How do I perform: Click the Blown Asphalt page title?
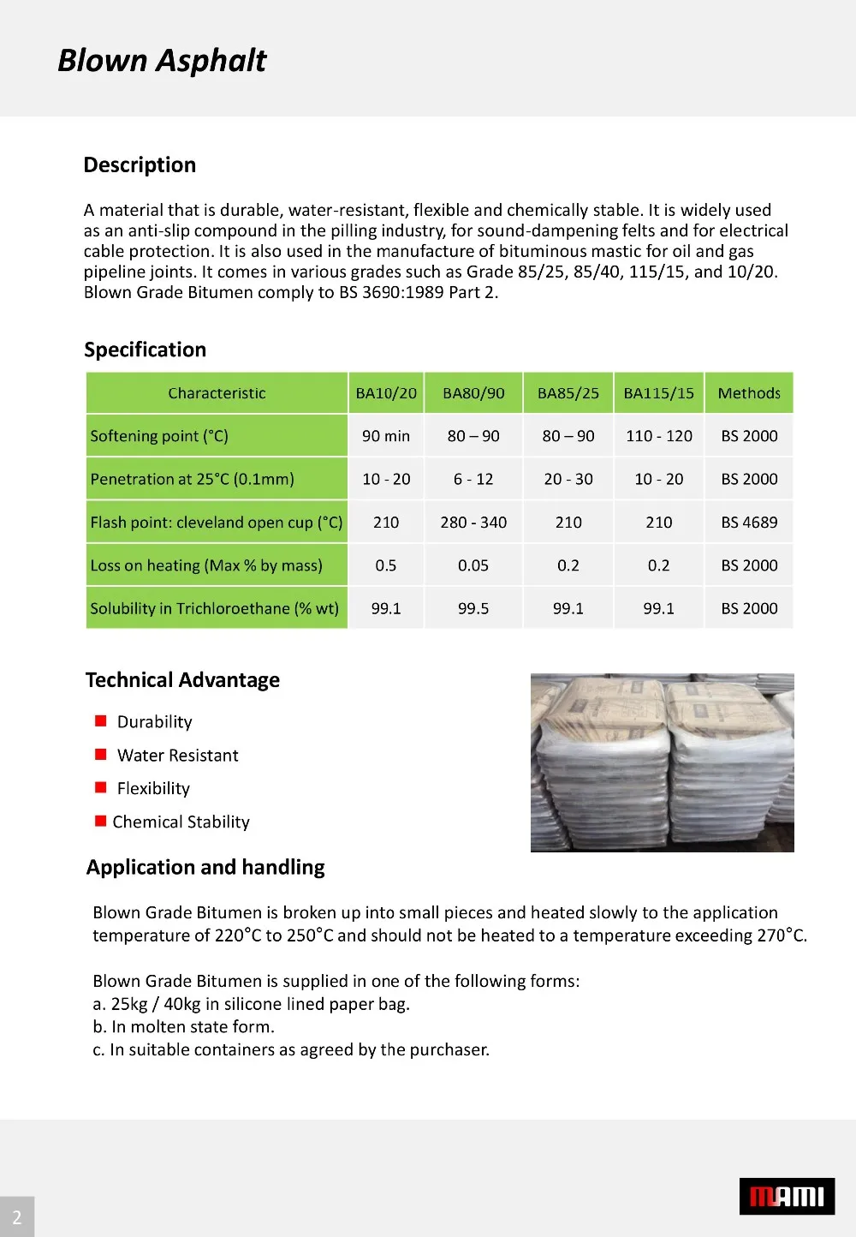click(x=162, y=61)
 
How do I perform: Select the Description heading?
click(x=140, y=165)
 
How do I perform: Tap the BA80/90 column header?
click(x=473, y=393)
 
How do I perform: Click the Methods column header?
click(x=749, y=393)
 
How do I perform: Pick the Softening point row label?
click(x=159, y=436)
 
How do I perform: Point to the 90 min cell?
click(x=386, y=436)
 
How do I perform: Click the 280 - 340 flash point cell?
click(x=473, y=523)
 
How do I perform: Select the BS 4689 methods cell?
click(x=749, y=523)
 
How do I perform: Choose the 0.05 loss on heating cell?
click(x=473, y=565)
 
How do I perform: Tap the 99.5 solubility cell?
click(x=473, y=608)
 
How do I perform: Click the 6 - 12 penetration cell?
click(x=473, y=479)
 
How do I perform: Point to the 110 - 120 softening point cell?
click(x=659, y=436)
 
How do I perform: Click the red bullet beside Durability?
click(x=101, y=721)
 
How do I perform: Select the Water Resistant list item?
click(x=177, y=756)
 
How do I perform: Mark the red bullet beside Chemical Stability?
click(x=101, y=822)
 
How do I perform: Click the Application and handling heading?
click(x=205, y=868)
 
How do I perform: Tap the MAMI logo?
click(x=787, y=1196)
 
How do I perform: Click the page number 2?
click(x=16, y=1217)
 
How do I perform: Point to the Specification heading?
click(x=146, y=350)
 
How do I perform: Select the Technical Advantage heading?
click(x=182, y=680)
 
